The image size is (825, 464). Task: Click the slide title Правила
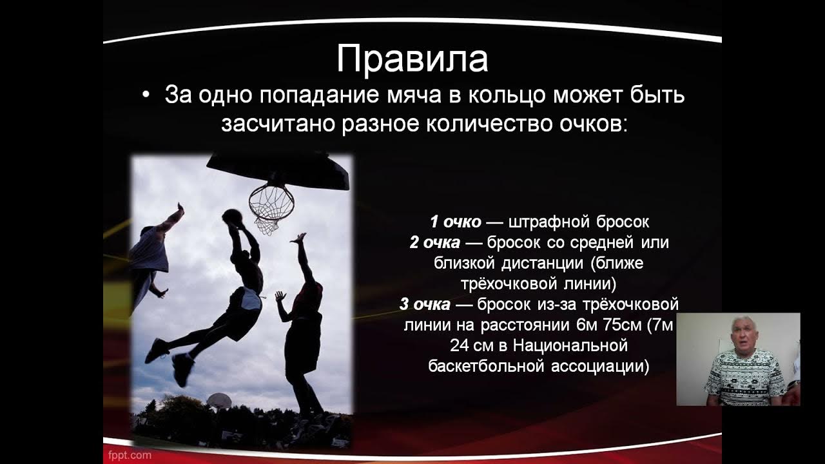412,59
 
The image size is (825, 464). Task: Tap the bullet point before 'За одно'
146,95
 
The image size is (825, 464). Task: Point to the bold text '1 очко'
455,222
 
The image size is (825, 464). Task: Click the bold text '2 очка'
434,243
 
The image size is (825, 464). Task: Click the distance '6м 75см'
593,325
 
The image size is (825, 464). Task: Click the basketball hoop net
271,206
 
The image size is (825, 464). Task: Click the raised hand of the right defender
298,238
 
